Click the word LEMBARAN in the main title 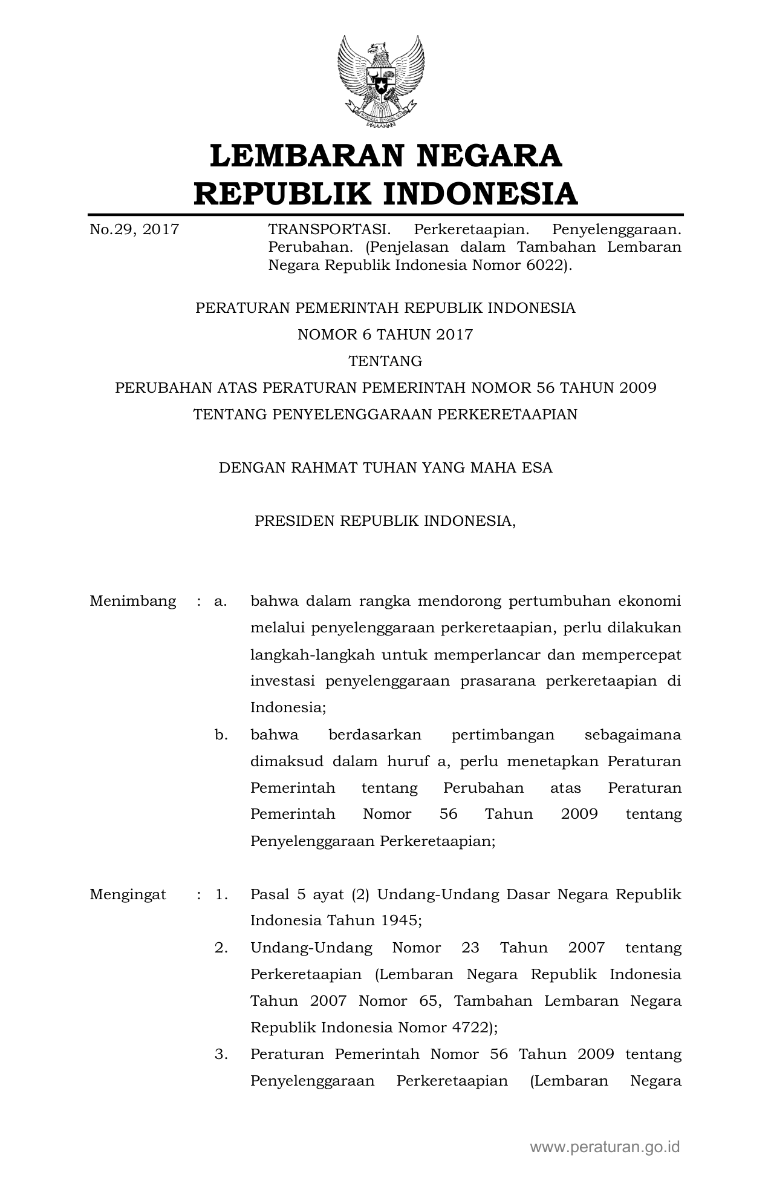[x=306, y=156]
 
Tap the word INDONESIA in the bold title [x=480, y=194]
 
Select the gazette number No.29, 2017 [x=134, y=229]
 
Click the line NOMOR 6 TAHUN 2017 [x=385, y=335]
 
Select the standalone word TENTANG [x=385, y=361]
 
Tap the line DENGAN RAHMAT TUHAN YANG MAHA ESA [x=385, y=468]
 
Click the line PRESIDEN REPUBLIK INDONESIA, [x=385, y=521]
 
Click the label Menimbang [x=133, y=601]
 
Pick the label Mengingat [x=128, y=894]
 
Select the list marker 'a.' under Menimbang [x=220, y=601]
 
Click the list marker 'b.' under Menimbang [x=221, y=735]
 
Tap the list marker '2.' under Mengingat [x=221, y=948]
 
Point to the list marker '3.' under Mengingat [x=221, y=1054]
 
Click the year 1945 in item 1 [x=399, y=921]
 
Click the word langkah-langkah [x=313, y=655]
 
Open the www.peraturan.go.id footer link [x=605, y=1147]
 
